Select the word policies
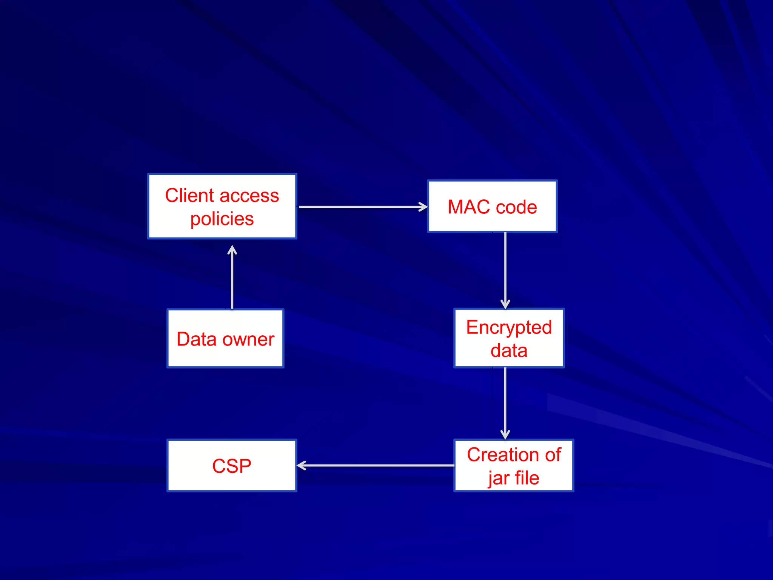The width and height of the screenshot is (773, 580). click(222, 219)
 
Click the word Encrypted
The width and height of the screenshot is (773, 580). click(509, 327)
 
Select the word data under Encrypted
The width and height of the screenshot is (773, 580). click(509, 350)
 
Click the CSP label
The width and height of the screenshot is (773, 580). click(232, 466)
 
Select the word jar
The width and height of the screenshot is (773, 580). click(499, 478)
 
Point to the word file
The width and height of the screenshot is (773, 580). click(527, 478)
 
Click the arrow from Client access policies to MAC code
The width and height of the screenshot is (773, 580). click(362, 207)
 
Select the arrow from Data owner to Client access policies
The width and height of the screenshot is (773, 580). click(232, 278)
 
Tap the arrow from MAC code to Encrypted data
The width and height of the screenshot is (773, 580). click(505, 270)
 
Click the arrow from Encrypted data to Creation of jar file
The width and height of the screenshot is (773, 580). click(505, 403)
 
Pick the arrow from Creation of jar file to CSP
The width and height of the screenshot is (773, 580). click(376, 466)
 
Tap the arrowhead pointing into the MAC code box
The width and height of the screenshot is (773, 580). click(423, 207)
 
